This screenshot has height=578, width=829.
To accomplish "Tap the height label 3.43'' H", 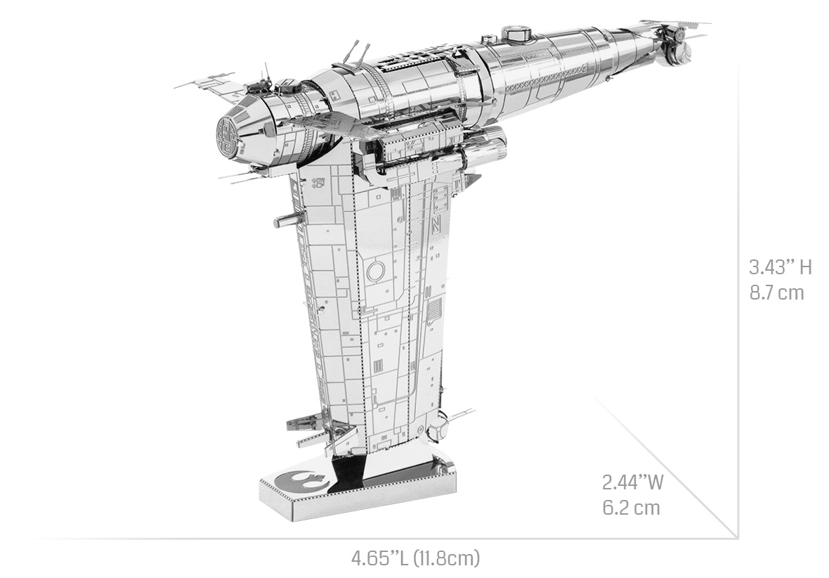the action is point(781,267).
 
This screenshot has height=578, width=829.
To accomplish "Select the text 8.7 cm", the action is point(776,293).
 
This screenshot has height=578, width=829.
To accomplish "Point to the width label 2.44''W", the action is point(633,483).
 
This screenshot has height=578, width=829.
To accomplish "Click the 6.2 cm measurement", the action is point(632,508).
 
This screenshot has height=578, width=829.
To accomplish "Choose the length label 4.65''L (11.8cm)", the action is point(416,558).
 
